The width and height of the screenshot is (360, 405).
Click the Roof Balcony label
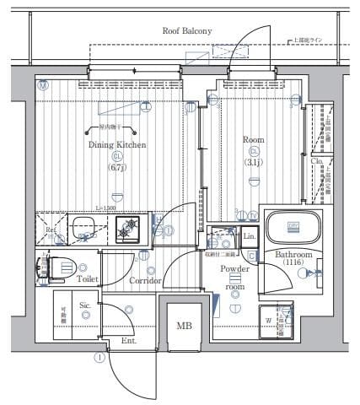click(187, 31)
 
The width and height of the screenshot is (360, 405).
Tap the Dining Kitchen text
click(118, 145)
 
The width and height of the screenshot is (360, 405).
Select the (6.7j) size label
click(117, 167)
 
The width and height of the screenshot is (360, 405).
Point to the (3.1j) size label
click(253, 161)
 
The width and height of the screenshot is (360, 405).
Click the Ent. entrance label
click(129, 340)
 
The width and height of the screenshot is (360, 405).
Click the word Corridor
click(145, 279)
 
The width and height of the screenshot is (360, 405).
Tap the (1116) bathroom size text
click(294, 264)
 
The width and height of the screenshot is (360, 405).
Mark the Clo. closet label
click(317, 160)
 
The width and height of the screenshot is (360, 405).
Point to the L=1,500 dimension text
click(105, 208)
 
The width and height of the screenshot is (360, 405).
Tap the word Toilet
click(89, 277)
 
